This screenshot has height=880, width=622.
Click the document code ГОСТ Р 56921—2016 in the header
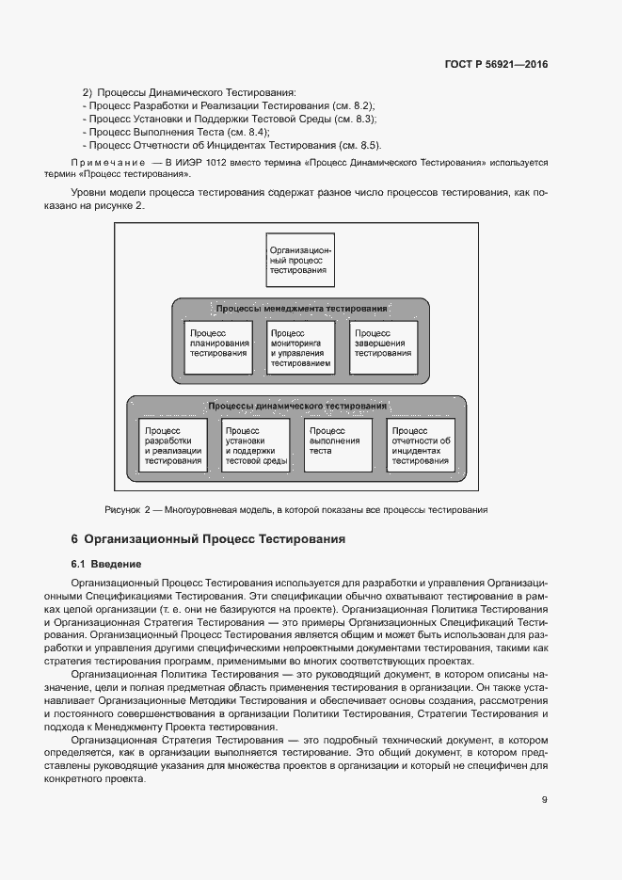495,65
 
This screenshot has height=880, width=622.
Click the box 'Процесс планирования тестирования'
218,347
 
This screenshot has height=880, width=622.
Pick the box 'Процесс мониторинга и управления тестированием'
299,347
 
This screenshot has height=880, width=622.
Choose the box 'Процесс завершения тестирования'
382,347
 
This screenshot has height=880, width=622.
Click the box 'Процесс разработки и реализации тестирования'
173,445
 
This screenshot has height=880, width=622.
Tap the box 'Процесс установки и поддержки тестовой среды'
256,445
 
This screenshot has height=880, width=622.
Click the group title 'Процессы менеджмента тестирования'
301,309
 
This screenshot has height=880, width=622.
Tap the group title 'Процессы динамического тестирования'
297,406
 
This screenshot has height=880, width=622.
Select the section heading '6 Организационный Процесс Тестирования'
208,540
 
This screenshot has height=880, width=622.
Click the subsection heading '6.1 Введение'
105,565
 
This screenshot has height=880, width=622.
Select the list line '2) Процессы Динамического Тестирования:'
189,93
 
